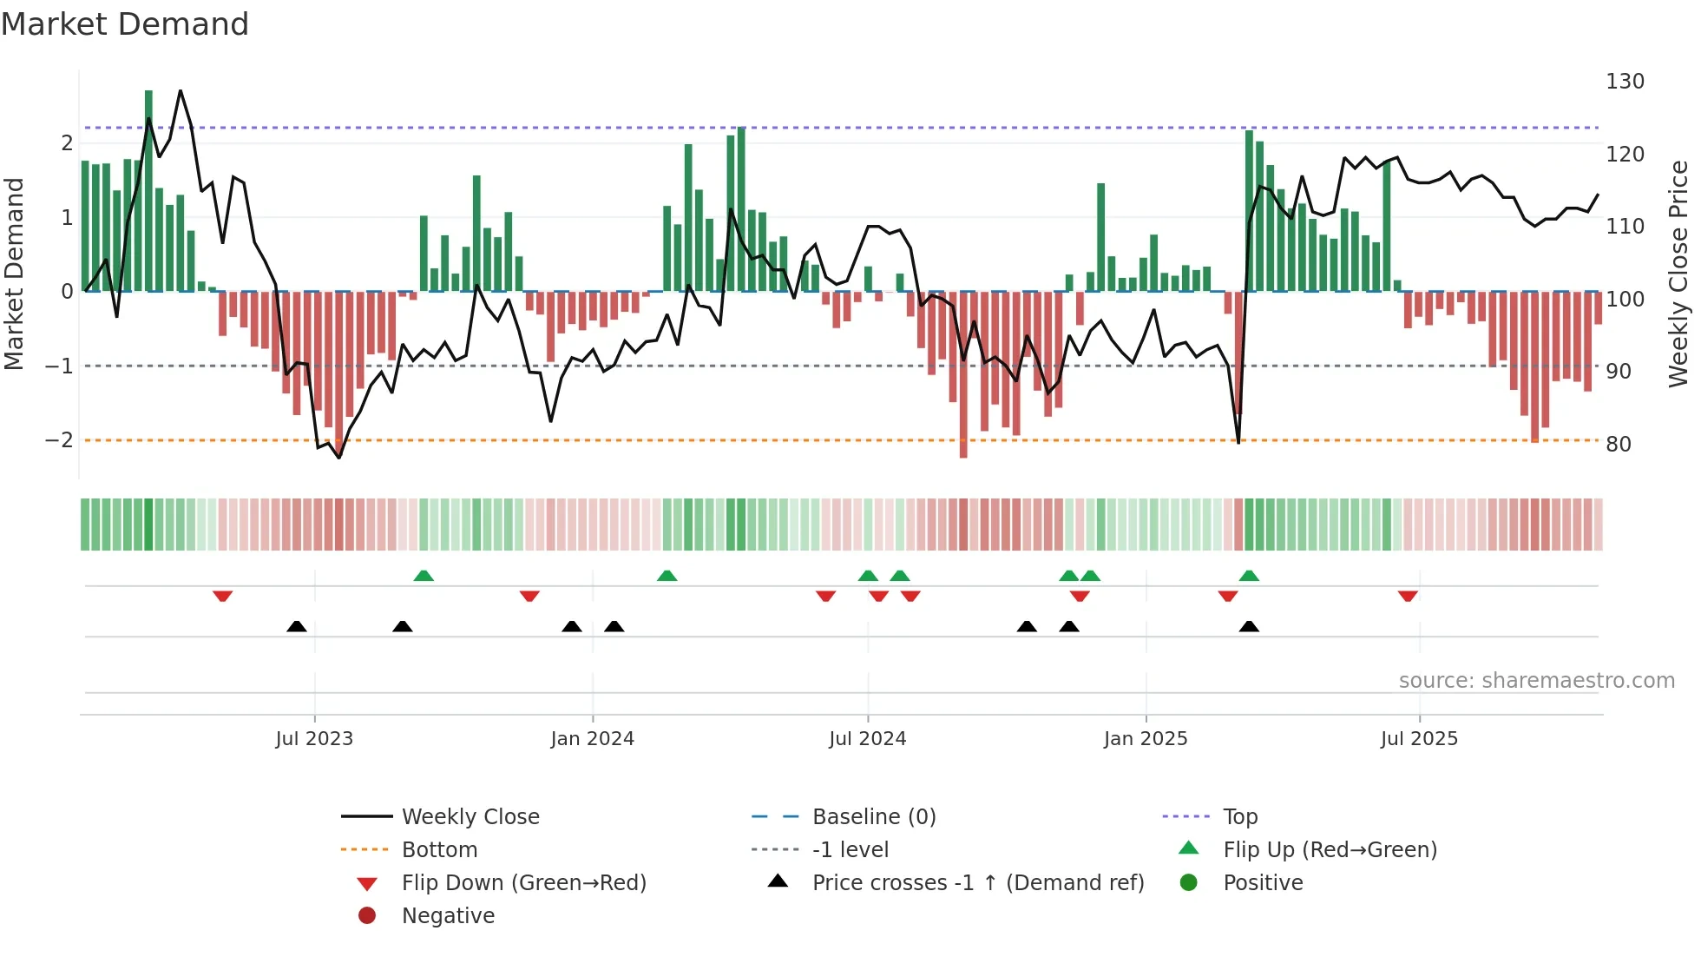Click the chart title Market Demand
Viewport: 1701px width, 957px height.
click(125, 24)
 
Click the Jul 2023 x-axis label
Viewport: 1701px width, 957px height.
click(314, 739)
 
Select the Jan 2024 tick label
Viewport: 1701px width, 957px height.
click(592, 739)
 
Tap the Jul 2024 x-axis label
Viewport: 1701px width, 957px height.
click(867, 739)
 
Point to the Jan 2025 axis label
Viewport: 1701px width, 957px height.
click(1146, 739)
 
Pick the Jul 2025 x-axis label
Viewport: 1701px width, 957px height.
click(1419, 739)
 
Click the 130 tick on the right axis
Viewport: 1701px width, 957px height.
click(1625, 82)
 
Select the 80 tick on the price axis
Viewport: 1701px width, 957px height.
click(1619, 445)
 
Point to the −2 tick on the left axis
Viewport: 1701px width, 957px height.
click(60, 440)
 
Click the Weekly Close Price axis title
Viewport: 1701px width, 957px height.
click(1678, 274)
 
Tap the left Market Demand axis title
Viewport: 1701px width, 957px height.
click(15, 274)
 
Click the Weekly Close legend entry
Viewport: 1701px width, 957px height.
click(470, 817)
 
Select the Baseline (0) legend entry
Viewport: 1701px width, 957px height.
click(873, 817)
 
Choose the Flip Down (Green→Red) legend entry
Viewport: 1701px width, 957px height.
click(523, 883)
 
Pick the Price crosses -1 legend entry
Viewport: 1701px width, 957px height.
click(977, 883)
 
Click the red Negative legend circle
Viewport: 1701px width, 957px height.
click(367, 916)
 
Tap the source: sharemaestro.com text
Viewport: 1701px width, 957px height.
click(1536, 681)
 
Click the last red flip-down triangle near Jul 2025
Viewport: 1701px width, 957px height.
click(1408, 596)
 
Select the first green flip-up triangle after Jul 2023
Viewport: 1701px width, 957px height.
click(424, 576)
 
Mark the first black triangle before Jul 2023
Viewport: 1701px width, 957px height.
click(297, 626)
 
